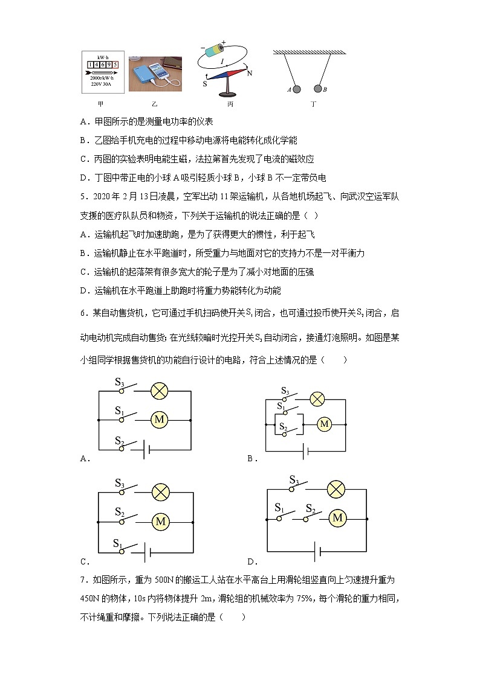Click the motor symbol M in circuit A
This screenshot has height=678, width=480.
[160, 419]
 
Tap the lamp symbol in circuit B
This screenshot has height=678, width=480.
[317, 399]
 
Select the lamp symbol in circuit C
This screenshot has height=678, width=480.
[160, 493]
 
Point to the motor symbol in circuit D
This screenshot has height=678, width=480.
[337, 517]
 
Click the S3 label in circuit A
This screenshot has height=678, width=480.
[120, 382]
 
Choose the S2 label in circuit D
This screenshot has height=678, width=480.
[311, 508]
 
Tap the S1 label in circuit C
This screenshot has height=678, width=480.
[118, 543]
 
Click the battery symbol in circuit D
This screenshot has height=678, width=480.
[318, 551]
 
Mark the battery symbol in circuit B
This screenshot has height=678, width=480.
[306, 450]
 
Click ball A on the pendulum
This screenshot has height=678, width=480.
[297, 89]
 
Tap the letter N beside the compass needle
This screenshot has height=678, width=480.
[250, 72]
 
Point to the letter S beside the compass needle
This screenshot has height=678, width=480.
[205, 84]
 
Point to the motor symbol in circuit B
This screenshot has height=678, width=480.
[324, 424]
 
